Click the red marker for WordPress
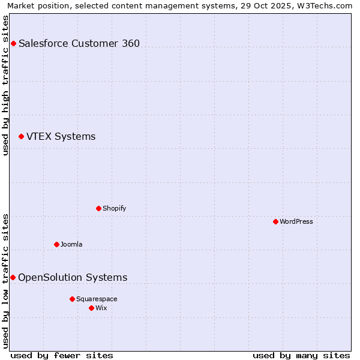(275, 221)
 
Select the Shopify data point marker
(98, 208)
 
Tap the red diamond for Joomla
(56, 244)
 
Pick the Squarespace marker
(72, 299)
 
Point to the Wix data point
(91, 308)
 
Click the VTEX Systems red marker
(21, 137)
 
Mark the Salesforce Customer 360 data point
(13, 43)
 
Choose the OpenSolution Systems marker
(13, 277)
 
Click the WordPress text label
(296, 221)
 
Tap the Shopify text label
(114, 208)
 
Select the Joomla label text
(71, 244)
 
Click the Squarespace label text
(97, 299)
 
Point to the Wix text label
(101, 308)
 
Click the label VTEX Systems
(61, 137)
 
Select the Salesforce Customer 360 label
(79, 43)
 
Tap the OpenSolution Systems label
(73, 277)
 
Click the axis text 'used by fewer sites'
(62, 355)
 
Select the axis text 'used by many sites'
(301, 355)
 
